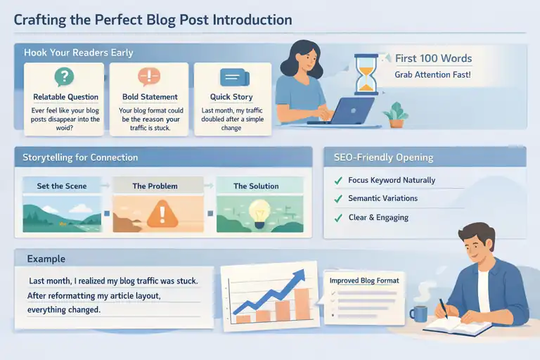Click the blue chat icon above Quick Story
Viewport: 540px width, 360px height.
tap(231, 77)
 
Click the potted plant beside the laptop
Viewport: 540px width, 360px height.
tap(397, 115)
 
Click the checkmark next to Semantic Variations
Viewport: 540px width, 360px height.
tap(337, 199)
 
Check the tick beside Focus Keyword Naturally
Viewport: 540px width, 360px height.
tap(337, 181)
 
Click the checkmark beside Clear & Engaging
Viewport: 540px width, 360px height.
tap(337, 218)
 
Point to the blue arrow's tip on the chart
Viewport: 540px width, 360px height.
tap(304, 271)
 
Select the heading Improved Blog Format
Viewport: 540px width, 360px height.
tap(364, 281)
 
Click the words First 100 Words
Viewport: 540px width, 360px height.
tap(433, 58)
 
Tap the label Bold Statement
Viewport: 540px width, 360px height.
tap(148, 97)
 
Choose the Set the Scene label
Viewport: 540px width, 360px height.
tap(62, 186)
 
